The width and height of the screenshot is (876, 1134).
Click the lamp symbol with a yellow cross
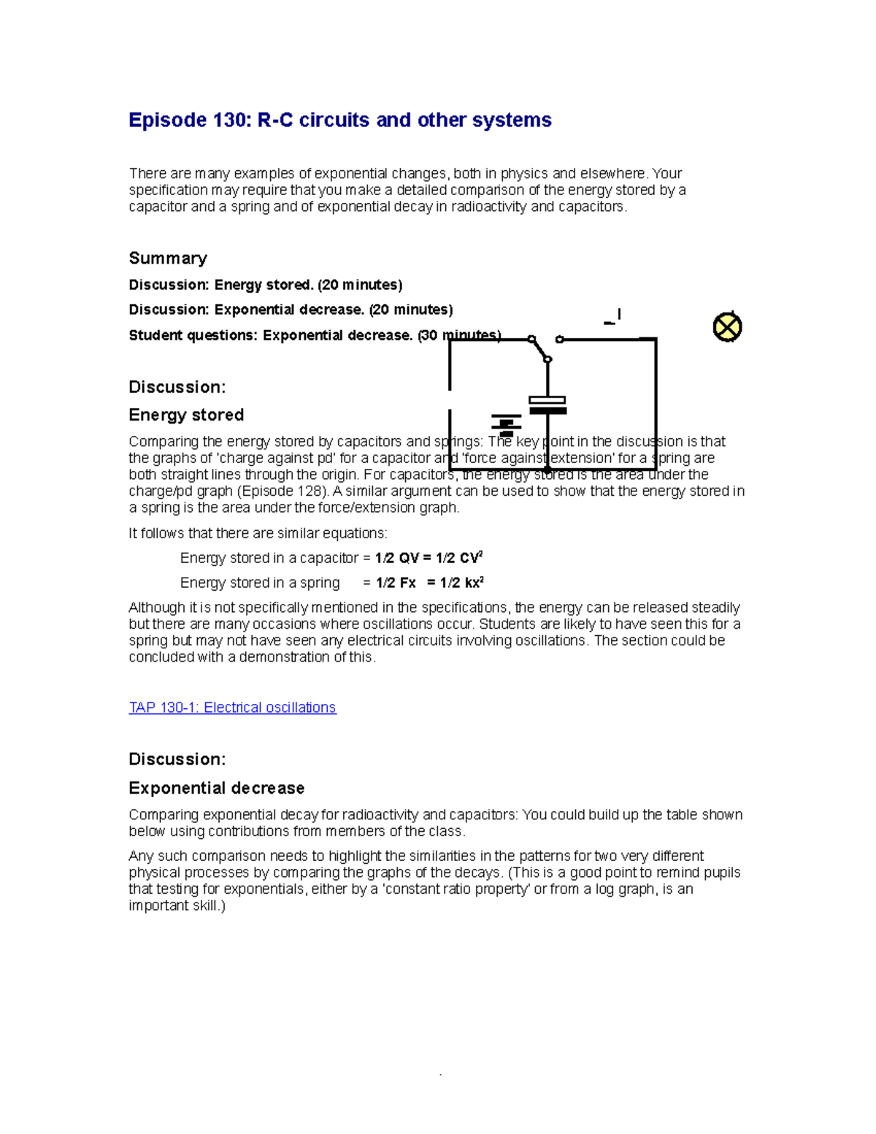(727, 327)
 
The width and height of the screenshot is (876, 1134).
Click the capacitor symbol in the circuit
(547, 405)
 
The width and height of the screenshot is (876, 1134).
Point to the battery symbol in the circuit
(506, 424)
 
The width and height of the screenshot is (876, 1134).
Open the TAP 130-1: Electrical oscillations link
(232, 708)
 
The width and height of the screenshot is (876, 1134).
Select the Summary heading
(168, 258)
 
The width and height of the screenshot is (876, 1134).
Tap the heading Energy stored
(186, 415)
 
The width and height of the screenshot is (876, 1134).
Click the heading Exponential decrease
(216, 788)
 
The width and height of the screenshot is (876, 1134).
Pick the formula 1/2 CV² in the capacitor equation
(459, 559)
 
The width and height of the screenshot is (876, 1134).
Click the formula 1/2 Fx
(396, 583)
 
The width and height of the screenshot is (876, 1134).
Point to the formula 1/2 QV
(396, 559)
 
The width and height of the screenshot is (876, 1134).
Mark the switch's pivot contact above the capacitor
(547, 359)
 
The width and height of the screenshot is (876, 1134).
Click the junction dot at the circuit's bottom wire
(547, 471)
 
